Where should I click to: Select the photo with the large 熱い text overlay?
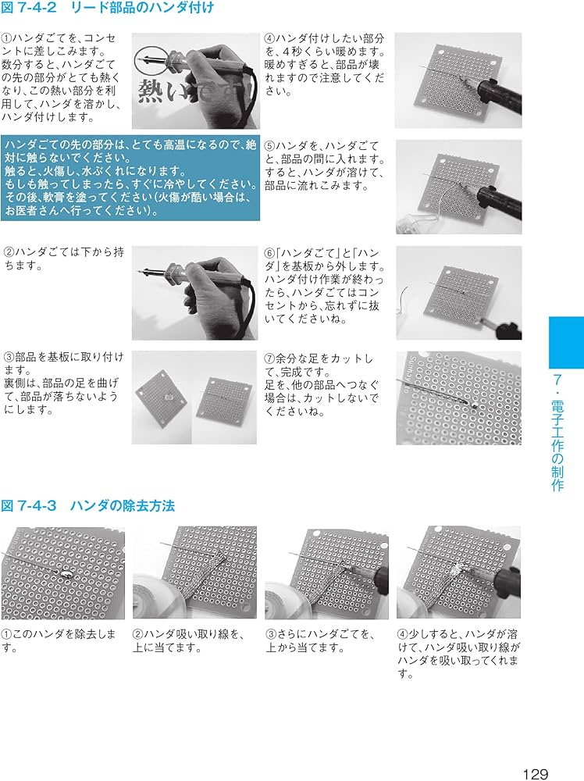[194, 81]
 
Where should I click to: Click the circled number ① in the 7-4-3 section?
[6, 634]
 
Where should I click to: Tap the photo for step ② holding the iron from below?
[194, 292]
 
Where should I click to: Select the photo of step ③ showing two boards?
[194, 397]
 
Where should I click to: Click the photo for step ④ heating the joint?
[458, 80]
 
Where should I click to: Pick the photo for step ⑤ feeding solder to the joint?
[458, 187]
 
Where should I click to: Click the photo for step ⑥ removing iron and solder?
[458, 292]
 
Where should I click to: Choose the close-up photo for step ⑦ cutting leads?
[458, 397]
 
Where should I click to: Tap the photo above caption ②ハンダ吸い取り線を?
[194, 572]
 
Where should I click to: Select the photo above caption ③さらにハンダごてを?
[326, 572]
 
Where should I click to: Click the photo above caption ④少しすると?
[458, 572]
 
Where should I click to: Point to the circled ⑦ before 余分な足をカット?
[269, 358]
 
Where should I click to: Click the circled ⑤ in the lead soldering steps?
[269, 146]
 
